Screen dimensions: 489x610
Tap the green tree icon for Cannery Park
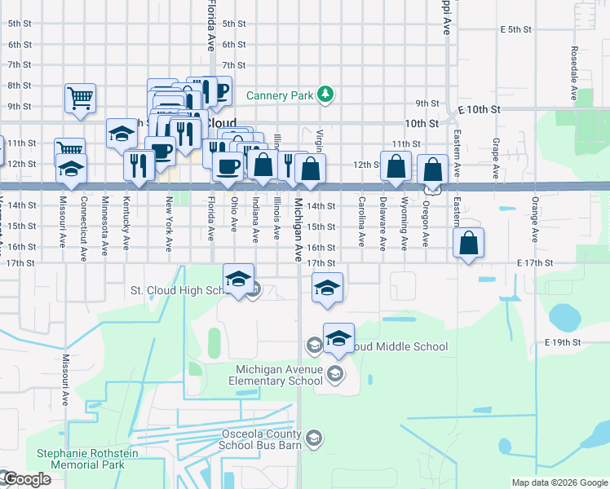[x=325, y=95]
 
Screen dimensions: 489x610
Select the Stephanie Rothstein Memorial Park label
[x=80, y=459]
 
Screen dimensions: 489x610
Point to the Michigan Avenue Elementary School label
[x=276, y=375]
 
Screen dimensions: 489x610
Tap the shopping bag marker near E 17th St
[x=469, y=243]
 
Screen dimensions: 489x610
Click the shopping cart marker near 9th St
[x=80, y=99]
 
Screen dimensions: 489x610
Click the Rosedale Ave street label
[x=575, y=73]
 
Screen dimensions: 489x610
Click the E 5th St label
[x=516, y=29]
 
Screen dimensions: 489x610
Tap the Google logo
[x=27, y=479]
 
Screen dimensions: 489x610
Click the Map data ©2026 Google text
[x=559, y=482]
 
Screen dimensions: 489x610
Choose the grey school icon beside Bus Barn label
[x=314, y=440]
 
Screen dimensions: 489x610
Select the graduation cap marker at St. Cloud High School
[x=239, y=279]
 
